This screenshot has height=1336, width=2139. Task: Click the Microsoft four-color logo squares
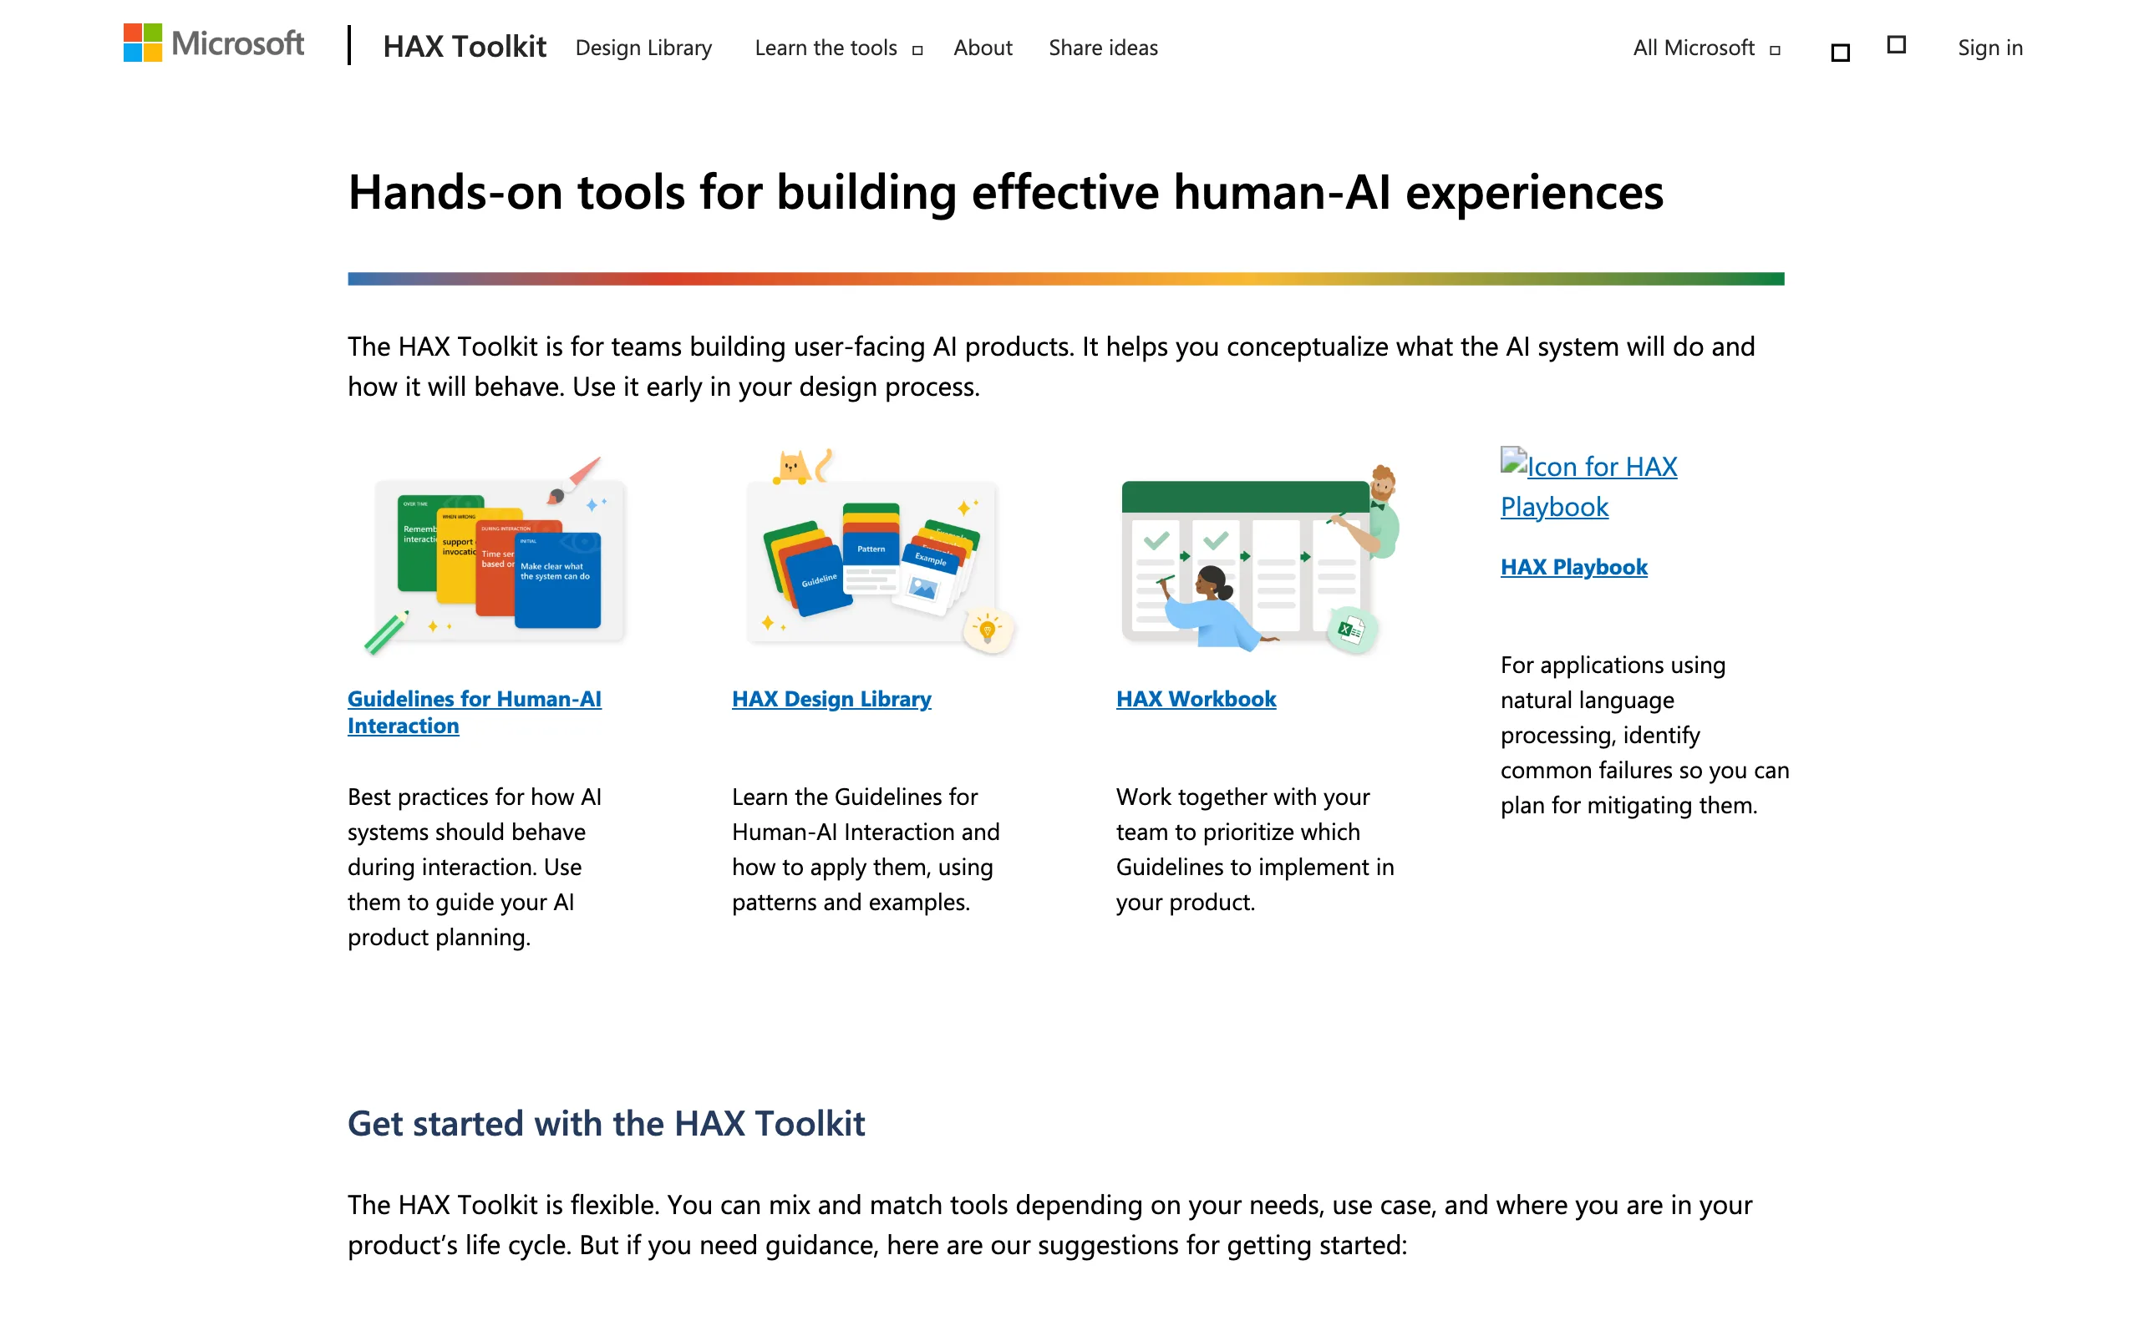[x=142, y=43]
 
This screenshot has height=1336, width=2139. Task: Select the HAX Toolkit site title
[x=464, y=47]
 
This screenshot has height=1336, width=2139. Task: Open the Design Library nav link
[x=643, y=48]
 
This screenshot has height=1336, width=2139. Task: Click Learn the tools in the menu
[x=826, y=48]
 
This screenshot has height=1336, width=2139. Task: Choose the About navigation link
[x=983, y=48]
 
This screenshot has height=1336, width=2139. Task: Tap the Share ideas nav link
[x=1103, y=48]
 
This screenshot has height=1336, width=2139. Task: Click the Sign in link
[x=1989, y=48]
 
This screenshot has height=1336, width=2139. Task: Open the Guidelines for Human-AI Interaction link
[x=474, y=711]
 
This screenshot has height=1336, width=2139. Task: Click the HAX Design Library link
[x=831, y=699]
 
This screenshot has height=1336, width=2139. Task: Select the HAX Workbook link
[x=1196, y=699]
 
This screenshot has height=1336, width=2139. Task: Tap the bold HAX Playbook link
[x=1573, y=566]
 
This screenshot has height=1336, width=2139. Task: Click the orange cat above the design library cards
[x=792, y=468]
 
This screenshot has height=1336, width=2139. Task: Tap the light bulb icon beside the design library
[x=988, y=630]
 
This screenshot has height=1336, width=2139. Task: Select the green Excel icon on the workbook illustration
[x=1350, y=630]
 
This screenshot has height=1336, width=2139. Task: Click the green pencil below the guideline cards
[x=386, y=633]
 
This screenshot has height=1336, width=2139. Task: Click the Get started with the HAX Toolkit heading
[x=607, y=1123]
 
